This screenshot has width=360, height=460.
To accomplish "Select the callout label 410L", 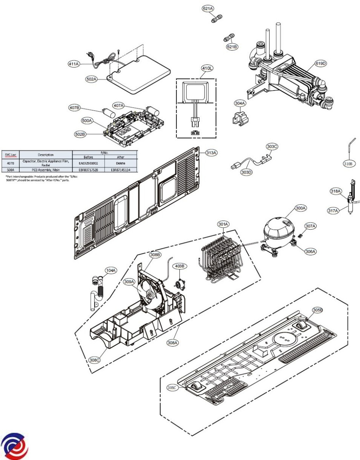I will coord(207,69).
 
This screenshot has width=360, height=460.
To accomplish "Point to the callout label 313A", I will coord(211,153).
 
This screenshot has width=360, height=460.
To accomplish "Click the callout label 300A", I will coord(301,208).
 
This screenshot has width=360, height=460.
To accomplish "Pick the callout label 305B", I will coord(318,310).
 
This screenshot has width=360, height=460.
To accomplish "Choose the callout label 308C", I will coord(94,360).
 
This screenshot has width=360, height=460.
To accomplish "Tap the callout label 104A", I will coord(111,271).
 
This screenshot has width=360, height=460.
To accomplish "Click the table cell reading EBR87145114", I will coord(120,169).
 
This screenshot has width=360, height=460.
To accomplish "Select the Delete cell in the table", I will coord(120,163).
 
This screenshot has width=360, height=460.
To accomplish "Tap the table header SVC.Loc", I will coord(10,154).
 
